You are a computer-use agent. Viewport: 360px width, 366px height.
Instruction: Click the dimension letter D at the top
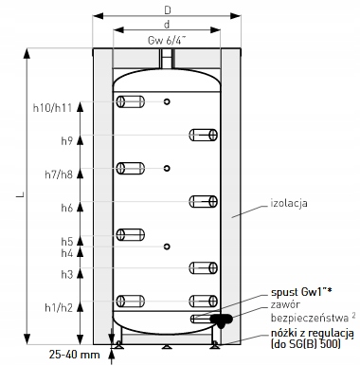[168, 10]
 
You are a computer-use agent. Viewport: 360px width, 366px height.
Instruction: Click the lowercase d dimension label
[167, 25]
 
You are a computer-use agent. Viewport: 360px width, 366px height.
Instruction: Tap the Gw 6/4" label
[167, 41]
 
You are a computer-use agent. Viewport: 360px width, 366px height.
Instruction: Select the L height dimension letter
[21, 196]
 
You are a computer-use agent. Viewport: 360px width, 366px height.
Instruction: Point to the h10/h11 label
[53, 108]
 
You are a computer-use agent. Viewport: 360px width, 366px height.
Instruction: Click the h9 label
[67, 140]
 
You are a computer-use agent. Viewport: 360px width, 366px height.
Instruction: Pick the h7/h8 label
[59, 174]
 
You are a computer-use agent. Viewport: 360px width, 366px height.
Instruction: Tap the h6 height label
[67, 208]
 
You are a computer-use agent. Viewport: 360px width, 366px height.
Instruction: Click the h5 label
[67, 242]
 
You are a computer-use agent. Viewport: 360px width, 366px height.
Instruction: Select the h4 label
[67, 253]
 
